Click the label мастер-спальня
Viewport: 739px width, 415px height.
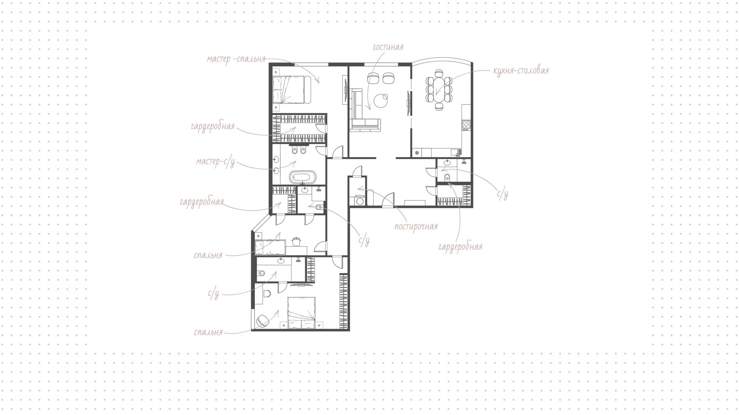236,59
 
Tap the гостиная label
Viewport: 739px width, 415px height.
388,47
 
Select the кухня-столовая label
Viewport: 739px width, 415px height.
521,71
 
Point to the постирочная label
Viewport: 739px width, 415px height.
416,226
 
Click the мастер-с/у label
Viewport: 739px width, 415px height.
216,162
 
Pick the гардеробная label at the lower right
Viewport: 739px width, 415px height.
460,247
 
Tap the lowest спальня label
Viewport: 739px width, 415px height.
208,332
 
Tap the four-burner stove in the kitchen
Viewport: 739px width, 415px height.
466,125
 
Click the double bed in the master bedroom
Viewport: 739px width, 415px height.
292,90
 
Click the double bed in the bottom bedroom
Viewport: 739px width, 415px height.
302,313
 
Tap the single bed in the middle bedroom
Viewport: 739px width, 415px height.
270,247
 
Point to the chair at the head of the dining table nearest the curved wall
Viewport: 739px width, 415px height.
439,73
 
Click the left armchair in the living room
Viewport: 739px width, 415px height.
373,78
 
